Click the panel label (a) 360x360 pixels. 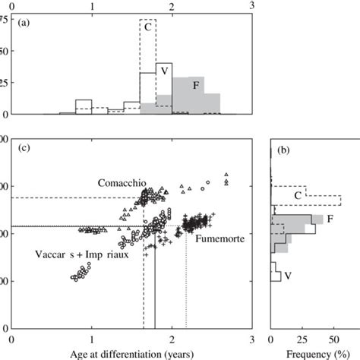click(x=24, y=23)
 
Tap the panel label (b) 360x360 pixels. click(x=283, y=149)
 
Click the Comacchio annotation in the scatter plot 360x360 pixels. click(x=121, y=184)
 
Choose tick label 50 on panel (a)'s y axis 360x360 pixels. click(x=6, y=51)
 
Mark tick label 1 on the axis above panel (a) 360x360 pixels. click(x=92, y=5)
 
